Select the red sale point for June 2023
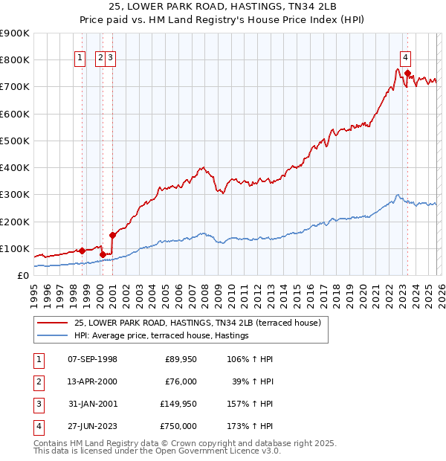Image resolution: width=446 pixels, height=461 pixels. (407, 73)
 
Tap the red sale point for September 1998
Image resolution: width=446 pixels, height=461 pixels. (82, 251)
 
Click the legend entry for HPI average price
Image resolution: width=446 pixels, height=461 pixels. (161, 336)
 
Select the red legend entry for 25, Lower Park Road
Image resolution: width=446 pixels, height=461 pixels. (197, 323)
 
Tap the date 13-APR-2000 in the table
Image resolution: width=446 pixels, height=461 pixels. (92, 381)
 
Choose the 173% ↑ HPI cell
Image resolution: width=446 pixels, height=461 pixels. (251, 426)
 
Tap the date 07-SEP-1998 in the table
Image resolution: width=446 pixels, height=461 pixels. (92, 359)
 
